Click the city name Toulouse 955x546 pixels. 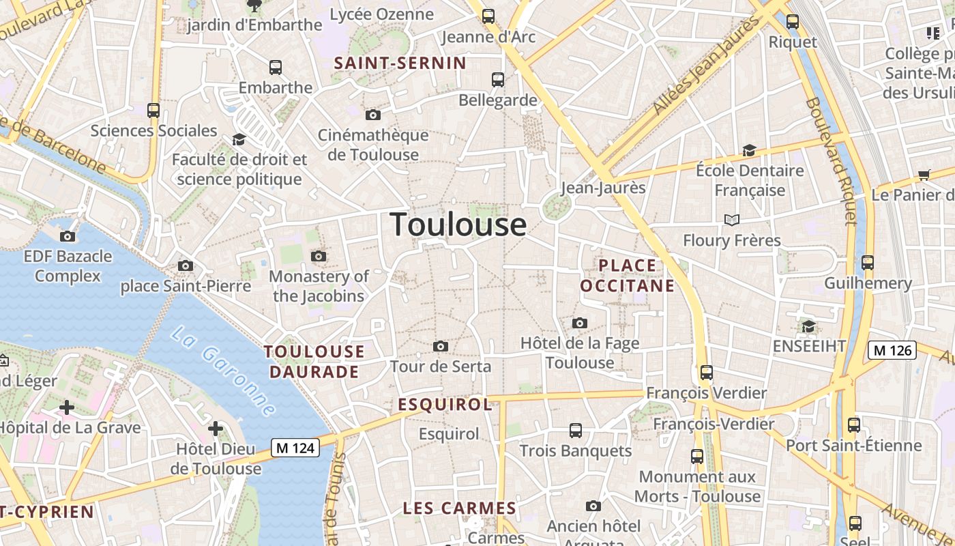[x=458, y=224]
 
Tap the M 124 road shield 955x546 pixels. [x=295, y=448]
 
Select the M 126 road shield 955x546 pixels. [x=892, y=350]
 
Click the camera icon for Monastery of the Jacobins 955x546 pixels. [x=319, y=257]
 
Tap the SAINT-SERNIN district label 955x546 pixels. [x=400, y=63]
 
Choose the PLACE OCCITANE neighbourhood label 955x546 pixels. [x=627, y=275]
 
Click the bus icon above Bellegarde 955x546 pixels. [x=498, y=80]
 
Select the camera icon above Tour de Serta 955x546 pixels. [x=441, y=347]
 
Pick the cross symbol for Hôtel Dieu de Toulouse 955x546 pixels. [x=216, y=429]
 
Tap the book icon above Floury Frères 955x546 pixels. [x=732, y=220]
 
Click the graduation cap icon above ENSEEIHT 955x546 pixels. [x=808, y=327]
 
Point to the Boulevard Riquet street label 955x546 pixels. [x=831, y=161]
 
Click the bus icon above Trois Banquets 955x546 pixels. [x=576, y=431]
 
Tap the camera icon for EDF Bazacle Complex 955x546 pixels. [x=68, y=237]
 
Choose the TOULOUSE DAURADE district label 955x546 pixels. [x=314, y=362]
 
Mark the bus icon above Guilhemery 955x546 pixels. [x=868, y=263]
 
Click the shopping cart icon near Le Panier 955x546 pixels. [x=924, y=175]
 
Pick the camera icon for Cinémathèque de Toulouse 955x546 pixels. [x=372, y=115]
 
